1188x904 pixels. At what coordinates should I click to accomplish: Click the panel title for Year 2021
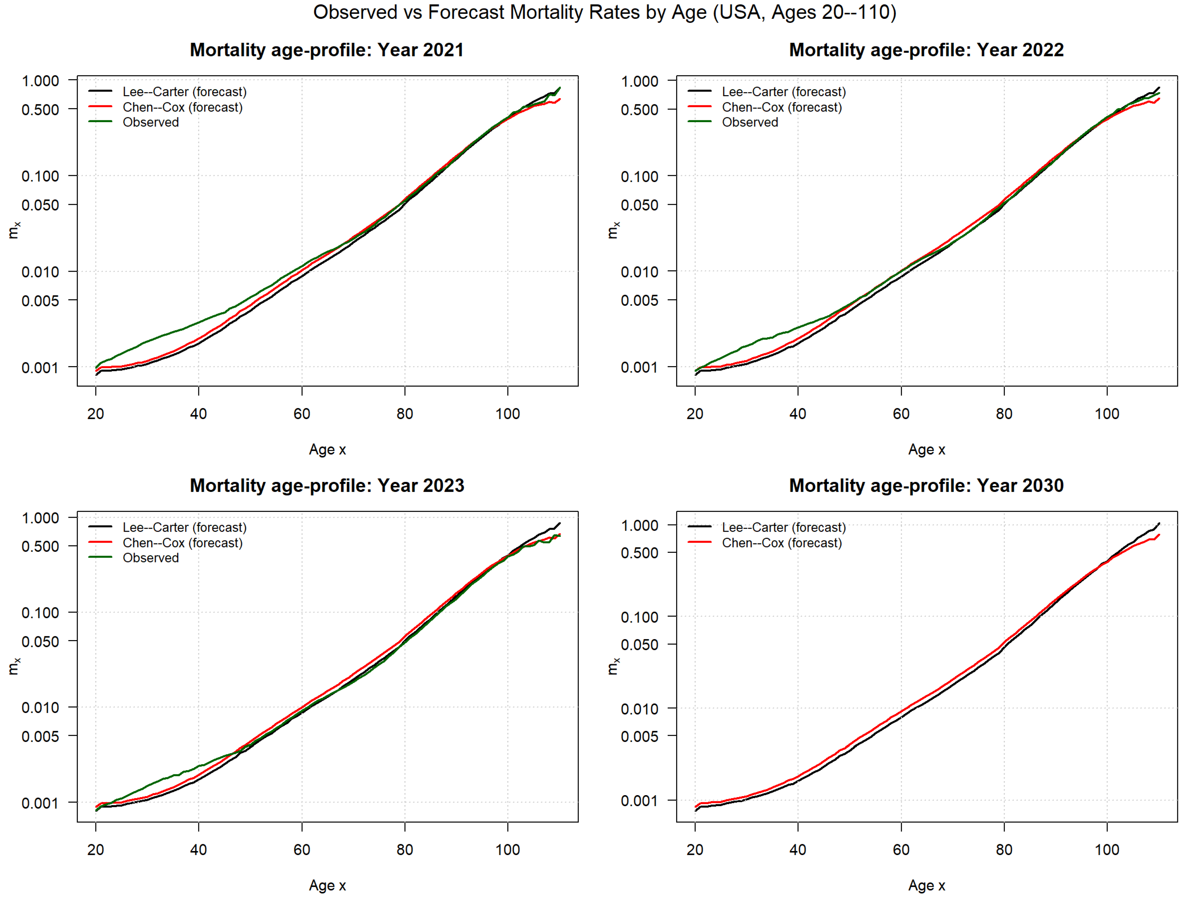tap(327, 50)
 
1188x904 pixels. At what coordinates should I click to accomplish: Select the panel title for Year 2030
tap(926, 486)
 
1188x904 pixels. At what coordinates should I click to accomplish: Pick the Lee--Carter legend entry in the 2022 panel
tap(783, 92)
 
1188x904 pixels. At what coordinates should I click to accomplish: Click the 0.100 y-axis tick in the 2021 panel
tap(40, 176)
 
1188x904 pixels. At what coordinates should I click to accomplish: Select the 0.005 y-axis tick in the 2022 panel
tap(639, 300)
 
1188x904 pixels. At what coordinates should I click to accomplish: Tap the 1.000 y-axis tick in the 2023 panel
tap(40, 518)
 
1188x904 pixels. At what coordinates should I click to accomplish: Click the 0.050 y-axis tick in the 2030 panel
tap(639, 645)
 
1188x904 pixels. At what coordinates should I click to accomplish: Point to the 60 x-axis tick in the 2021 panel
tap(301, 414)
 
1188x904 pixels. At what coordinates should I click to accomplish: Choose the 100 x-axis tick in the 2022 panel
tap(1107, 414)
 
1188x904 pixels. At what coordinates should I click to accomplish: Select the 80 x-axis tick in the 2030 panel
tap(1004, 850)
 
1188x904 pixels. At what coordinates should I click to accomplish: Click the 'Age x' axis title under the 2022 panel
tap(926, 450)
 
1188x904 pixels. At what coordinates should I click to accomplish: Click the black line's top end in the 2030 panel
tap(1159, 523)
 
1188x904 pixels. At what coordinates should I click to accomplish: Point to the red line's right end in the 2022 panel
tap(1159, 99)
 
